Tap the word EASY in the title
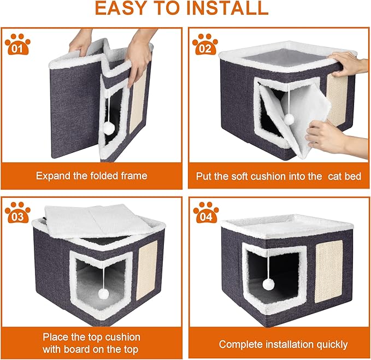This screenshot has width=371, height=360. pyautogui.click(x=116, y=9)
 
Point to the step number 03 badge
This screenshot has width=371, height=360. pyautogui.click(x=17, y=213)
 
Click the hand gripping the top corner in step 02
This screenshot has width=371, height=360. pyautogui.click(x=348, y=64)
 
